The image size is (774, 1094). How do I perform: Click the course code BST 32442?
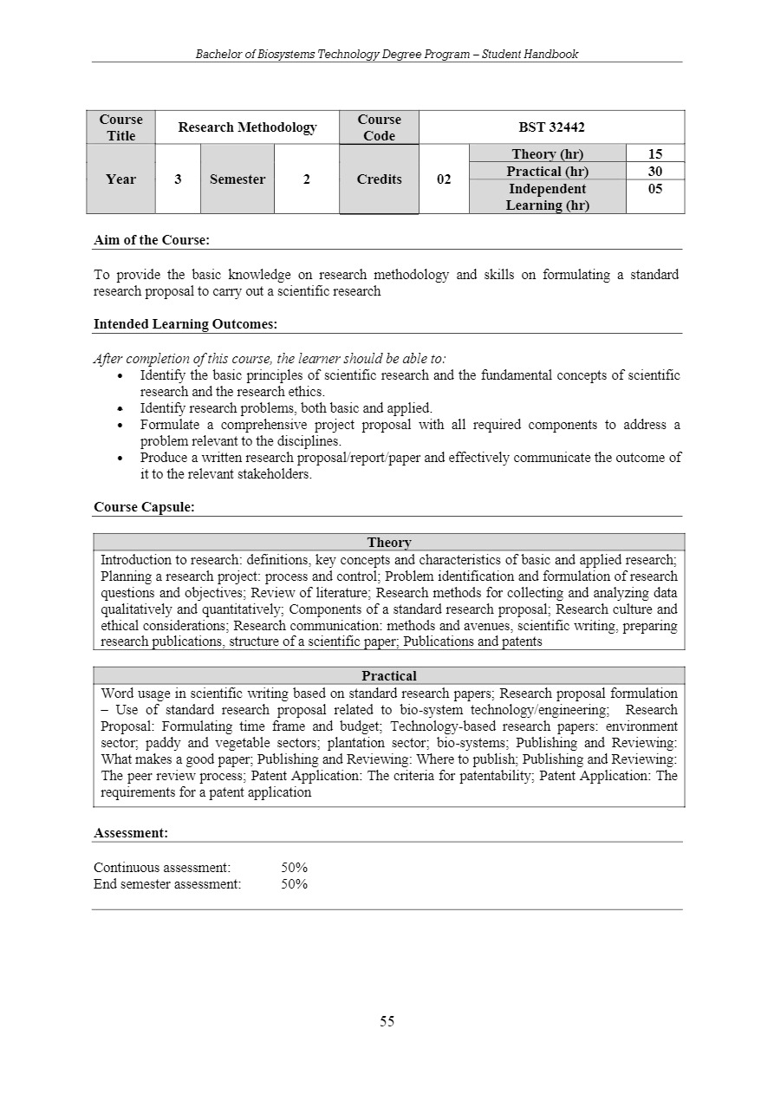[x=551, y=127]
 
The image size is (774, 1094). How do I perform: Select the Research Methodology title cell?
[x=247, y=127]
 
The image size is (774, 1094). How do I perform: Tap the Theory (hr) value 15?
[x=655, y=154]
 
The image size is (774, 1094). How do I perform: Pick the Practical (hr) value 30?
[x=655, y=172]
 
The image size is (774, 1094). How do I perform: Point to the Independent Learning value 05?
[x=655, y=189]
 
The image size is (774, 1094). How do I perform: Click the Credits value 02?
[x=444, y=179]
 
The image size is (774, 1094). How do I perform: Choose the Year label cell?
[x=120, y=179]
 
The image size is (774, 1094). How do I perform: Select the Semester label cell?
[x=237, y=179]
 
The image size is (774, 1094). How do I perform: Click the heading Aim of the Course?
[x=152, y=240]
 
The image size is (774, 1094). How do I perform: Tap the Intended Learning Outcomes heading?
[x=185, y=324]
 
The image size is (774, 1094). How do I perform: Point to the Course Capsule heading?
[x=144, y=507]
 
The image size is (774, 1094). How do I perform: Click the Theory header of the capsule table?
[x=389, y=543]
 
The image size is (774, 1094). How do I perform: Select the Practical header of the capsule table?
[x=389, y=676]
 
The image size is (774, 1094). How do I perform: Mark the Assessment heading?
[x=131, y=833]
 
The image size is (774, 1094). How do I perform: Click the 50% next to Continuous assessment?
[x=295, y=868]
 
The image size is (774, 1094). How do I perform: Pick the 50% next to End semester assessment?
[x=295, y=884]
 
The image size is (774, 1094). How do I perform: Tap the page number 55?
[x=387, y=1021]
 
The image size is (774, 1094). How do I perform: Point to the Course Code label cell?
[x=379, y=127]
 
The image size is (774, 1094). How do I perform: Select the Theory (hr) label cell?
[x=547, y=154]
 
